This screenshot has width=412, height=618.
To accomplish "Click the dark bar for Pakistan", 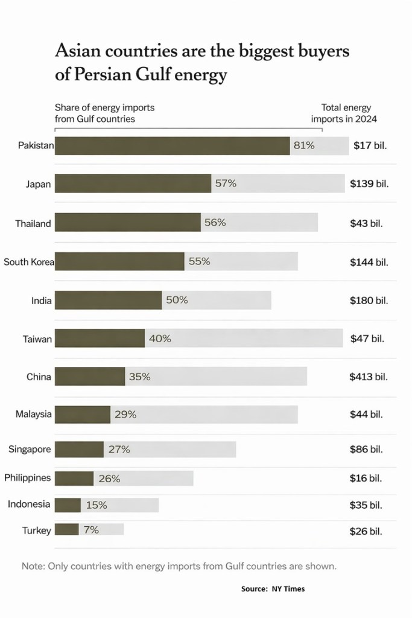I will (x=172, y=145).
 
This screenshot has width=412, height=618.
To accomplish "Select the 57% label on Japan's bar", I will (x=226, y=183).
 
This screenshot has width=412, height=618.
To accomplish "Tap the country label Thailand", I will (x=33, y=223).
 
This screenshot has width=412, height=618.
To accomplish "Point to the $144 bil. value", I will (x=369, y=262).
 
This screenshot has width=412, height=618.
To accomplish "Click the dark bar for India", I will (x=109, y=300).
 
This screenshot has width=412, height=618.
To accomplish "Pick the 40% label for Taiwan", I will (x=160, y=339).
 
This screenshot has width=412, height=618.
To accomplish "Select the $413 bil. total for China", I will (x=369, y=377).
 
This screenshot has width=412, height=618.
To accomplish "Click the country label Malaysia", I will (x=34, y=414).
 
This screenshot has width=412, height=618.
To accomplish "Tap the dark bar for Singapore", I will (x=79, y=449).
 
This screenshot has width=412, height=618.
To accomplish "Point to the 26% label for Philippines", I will (x=109, y=479).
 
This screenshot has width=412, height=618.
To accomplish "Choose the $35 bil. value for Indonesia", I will (x=366, y=505).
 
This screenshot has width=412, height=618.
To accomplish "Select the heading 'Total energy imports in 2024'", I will (x=344, y=113).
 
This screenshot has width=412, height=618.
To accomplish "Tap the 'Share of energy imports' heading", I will (x=104, y=107).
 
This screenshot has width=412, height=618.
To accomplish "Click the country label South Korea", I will (x=29, y=262).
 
